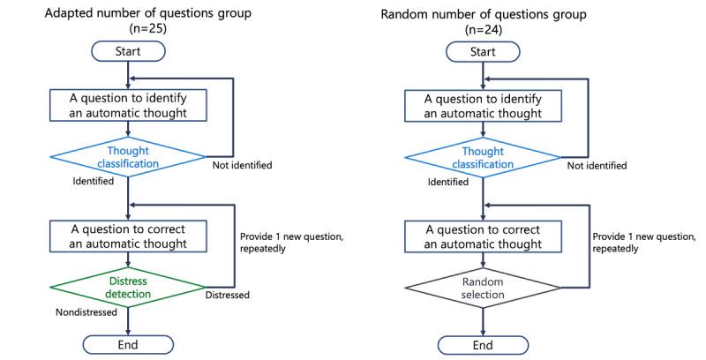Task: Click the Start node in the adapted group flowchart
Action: [129, 51]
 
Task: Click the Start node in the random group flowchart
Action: [481, 51]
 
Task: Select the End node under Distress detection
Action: [129, 343]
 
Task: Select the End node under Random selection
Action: [481, 343]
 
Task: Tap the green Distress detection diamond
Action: [129, 288]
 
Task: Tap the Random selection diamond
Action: [481, 288]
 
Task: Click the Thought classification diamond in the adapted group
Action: [129, 156]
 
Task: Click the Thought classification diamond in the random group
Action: [481, 156]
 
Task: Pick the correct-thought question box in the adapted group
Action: [129, 236]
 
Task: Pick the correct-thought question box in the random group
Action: [481, 236]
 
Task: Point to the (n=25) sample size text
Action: [129, 28]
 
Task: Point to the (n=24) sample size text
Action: [481, 28]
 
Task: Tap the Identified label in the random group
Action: [447, 182]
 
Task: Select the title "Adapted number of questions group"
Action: [129, 11]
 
